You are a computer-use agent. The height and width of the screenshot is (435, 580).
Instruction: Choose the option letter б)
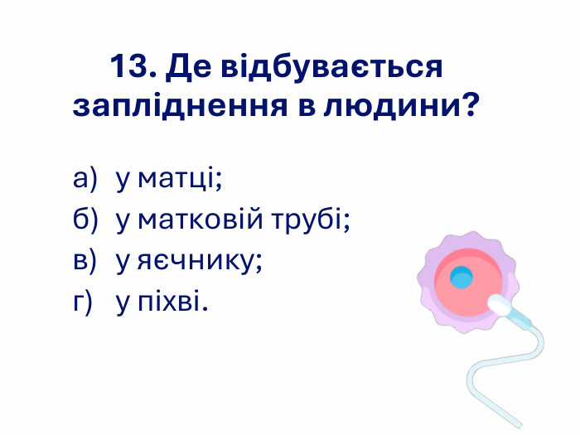pyautogui.click(x=85, y=219)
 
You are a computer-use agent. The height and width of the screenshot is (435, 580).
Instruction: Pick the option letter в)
pyautogui.click(x=85, y=261)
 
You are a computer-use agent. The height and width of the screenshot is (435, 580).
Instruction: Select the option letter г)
pyautogui.click(x=83, y=302)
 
